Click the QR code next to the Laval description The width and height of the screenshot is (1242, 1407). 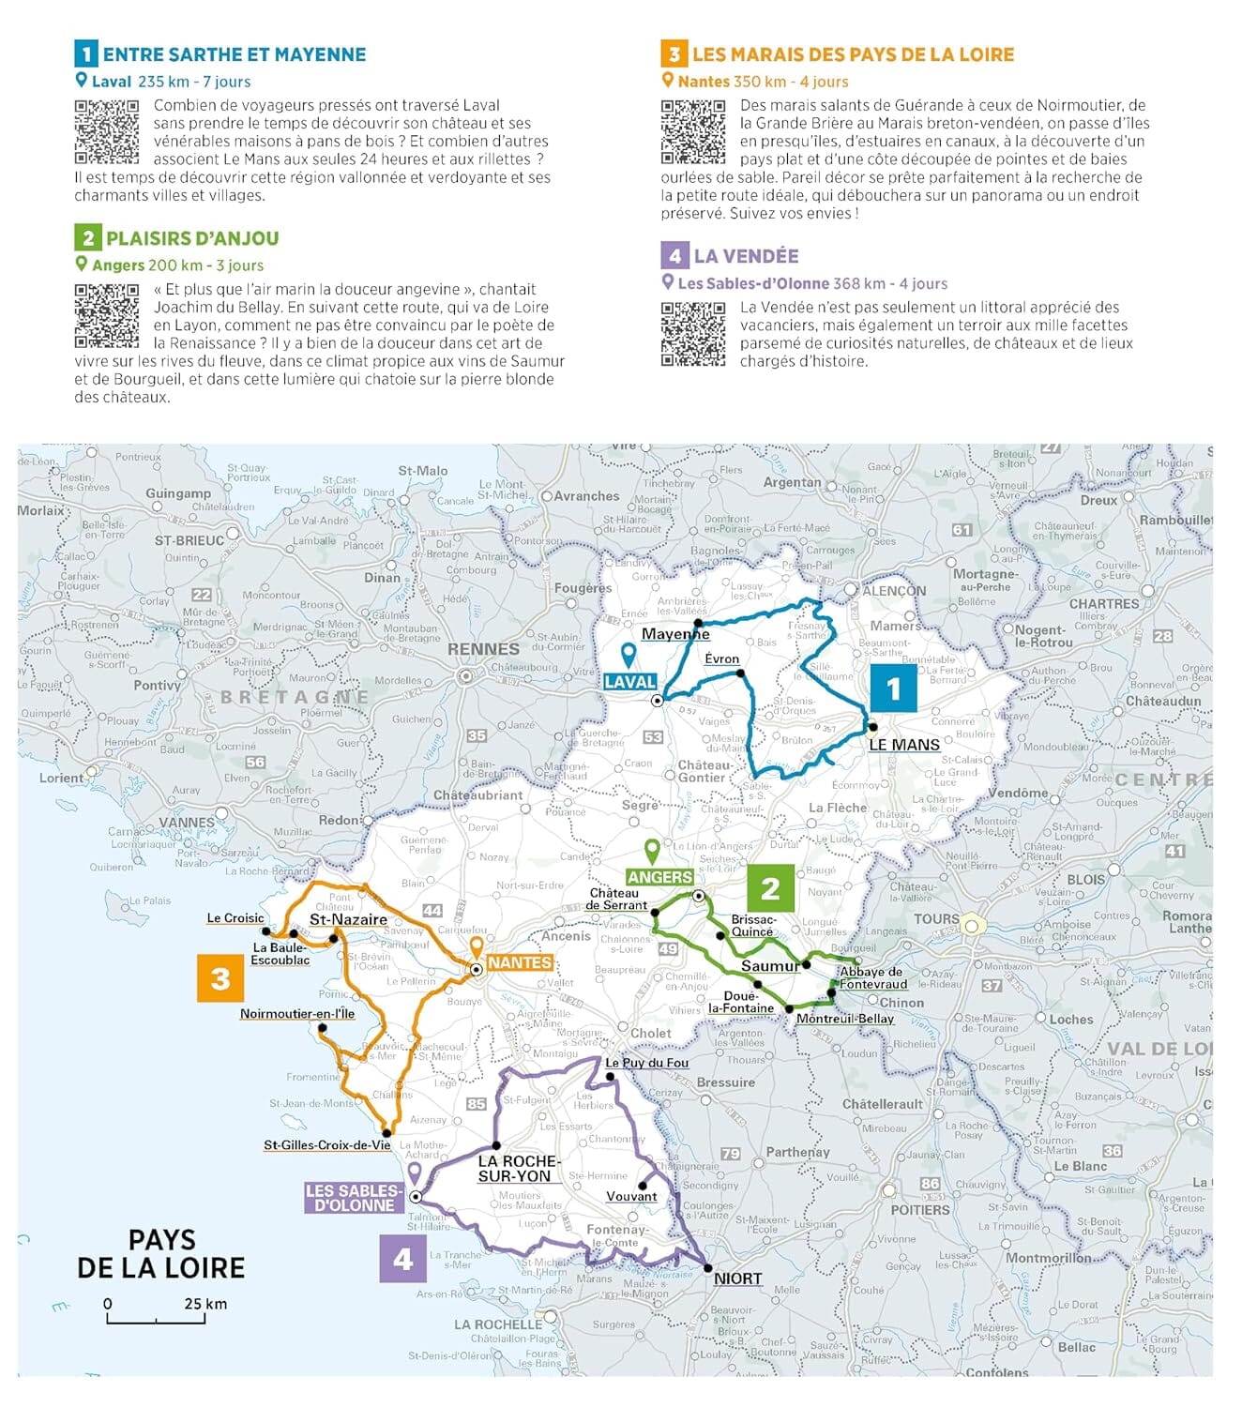107,132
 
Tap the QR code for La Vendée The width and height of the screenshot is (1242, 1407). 693,334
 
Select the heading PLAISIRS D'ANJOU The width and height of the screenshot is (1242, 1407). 191,238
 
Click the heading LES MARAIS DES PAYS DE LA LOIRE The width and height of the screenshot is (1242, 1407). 853,54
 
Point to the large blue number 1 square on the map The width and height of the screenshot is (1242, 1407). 893,688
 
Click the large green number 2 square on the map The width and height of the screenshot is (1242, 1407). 770,887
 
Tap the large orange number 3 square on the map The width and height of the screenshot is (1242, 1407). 220,978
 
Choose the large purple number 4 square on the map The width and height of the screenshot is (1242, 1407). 402,1258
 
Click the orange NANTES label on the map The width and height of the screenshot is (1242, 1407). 520,963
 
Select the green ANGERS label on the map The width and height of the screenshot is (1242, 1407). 659,877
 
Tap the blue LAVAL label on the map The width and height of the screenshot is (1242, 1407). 629,682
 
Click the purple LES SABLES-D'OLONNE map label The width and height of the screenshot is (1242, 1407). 354,1198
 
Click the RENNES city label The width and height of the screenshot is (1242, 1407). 483,649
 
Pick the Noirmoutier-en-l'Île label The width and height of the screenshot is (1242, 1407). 296,1014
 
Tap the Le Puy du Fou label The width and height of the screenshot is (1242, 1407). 646,1063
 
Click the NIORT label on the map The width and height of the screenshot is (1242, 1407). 738,1278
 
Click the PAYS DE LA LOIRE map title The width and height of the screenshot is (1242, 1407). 160,1254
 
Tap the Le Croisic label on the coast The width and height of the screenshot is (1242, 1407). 235,918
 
